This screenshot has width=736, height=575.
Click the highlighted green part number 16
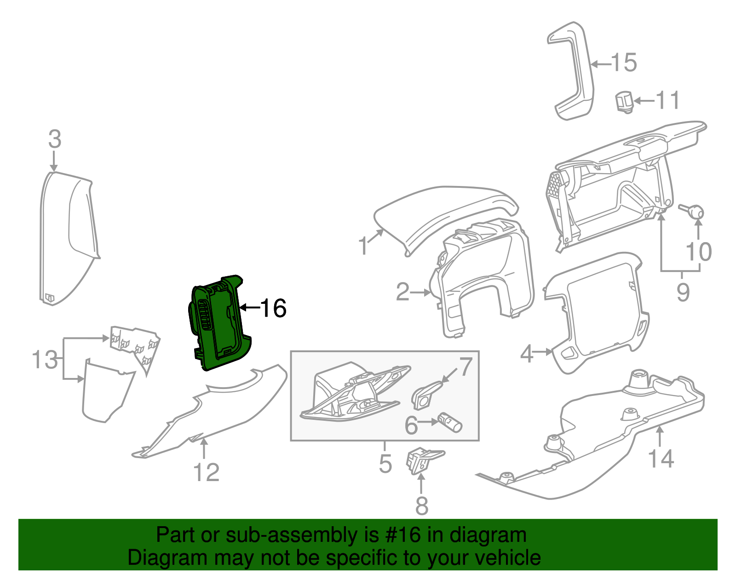coord(218,322)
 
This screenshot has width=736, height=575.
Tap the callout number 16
coord(273,308)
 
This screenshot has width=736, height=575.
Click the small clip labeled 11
coord(624,101)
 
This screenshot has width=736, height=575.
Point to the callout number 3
coord(54,139)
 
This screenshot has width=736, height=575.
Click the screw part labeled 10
coord(694,212)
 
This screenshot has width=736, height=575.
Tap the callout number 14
coord(661,459)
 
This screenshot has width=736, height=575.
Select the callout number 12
coord(207,472)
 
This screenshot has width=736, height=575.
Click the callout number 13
coord(45,360)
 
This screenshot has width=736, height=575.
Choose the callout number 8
coord(421,505)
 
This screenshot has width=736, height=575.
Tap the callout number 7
coord(466,366)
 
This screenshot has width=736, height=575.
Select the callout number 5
coord(385,463)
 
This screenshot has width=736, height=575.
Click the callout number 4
coord(527,354)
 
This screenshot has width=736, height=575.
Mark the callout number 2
coord(402,292)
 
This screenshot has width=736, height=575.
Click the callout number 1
coord(363,246)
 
